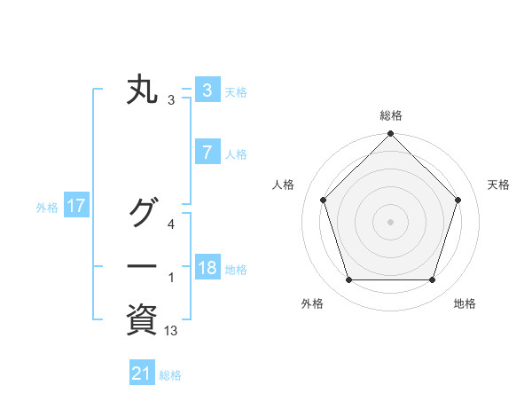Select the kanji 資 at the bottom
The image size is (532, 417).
point(143,320)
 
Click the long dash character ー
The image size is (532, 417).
point(143,267)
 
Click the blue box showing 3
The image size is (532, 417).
point(207,90)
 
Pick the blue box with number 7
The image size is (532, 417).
point(207,153)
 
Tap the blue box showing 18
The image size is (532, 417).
point(207,268)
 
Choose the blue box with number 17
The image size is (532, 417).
point(75,207)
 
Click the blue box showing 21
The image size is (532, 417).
point(141,374)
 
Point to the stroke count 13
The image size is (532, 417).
point(171,331)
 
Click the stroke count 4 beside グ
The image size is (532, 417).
point(171,224)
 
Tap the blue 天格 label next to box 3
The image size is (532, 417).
point(236,92)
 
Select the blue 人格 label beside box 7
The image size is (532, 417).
point(236,154)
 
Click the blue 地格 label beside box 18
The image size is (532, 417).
point(236,270)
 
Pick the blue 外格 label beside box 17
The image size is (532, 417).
point(47,208)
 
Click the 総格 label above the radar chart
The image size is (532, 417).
point(390,115)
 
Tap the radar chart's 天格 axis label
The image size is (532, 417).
point(499,185)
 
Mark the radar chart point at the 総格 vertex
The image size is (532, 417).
point(390,135)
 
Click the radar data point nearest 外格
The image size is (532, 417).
point(348,279)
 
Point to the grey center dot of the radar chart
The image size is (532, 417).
point(390,222)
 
